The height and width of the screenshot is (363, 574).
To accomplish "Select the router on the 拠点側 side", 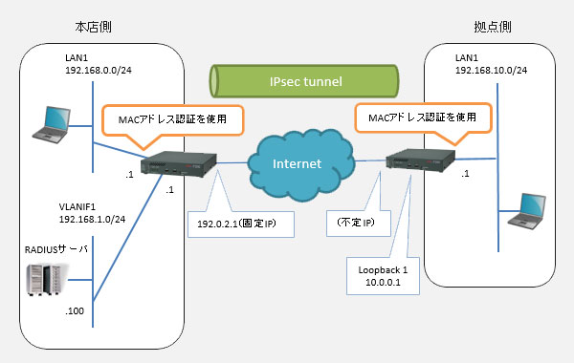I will click(x=422, y=158).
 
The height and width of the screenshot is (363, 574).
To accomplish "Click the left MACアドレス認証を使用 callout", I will click(x=172, y=119).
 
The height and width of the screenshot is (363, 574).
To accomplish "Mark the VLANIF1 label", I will click(x=79, y=203).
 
